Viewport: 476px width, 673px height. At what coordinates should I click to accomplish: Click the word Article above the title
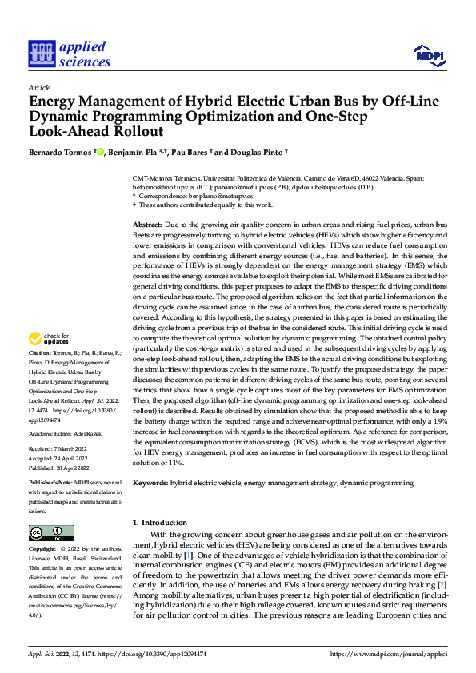tap(39, 87)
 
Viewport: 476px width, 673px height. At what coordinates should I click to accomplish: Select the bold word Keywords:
tap(150, 484)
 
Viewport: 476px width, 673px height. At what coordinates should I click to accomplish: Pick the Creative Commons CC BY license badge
tap(50, 533)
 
